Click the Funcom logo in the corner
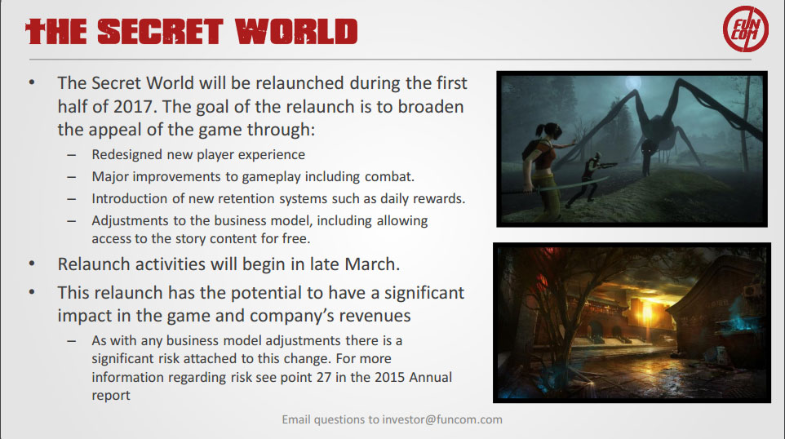click(x=746, y=29)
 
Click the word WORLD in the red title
click(x=296, y=32)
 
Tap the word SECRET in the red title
click(x=160, y=32)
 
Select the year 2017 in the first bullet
click(x=133, y=106)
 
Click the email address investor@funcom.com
click(x=442, y=419)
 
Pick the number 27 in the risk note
click(x=324, y=377)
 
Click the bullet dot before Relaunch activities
click(x=32, y=264)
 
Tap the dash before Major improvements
click(x=72, y=177)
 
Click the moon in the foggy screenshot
click(x=633, y=82)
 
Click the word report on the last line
click(x=111, y=396)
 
